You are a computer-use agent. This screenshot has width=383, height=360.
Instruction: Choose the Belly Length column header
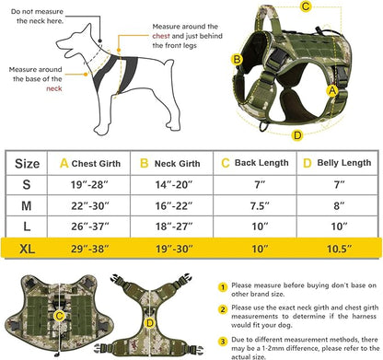(333, 164)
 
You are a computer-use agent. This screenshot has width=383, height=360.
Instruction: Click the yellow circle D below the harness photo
(296, 134)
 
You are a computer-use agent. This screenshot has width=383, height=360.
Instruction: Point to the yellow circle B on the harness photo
(237, 60)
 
